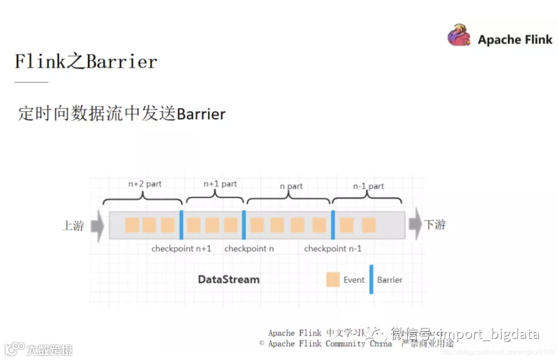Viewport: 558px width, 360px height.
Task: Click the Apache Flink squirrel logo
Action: pos(459,36)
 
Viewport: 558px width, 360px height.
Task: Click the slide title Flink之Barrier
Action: pos(86,62)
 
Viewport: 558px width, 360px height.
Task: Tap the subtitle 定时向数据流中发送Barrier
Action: pos(122,114)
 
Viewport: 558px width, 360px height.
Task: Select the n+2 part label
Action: pos(145,184)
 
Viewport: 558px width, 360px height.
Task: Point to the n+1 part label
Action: pos(220,184)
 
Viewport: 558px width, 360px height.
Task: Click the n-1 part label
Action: pos(368,186)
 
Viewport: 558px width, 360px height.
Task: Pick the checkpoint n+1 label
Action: pos(181,249)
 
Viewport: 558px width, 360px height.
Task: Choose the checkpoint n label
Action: pos(249,249)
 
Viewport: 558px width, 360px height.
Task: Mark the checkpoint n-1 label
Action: pos(333,249)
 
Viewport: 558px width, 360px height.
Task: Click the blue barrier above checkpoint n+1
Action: pos(181,225)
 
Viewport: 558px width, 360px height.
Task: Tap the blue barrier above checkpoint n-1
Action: pos(333,225)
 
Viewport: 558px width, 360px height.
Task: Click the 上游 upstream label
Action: pos(73,226)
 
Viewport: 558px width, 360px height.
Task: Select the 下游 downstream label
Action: pos(435,225)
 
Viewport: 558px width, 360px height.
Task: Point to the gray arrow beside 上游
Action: pos(97,226)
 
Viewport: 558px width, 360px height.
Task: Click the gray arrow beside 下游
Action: pos(415,225)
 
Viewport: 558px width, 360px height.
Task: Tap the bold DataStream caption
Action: pos(229,279)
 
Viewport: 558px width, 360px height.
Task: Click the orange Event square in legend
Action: pos(333,280)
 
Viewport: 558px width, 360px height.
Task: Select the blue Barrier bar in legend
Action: pos(371,279)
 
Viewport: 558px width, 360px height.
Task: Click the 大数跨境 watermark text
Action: pos(50,350)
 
